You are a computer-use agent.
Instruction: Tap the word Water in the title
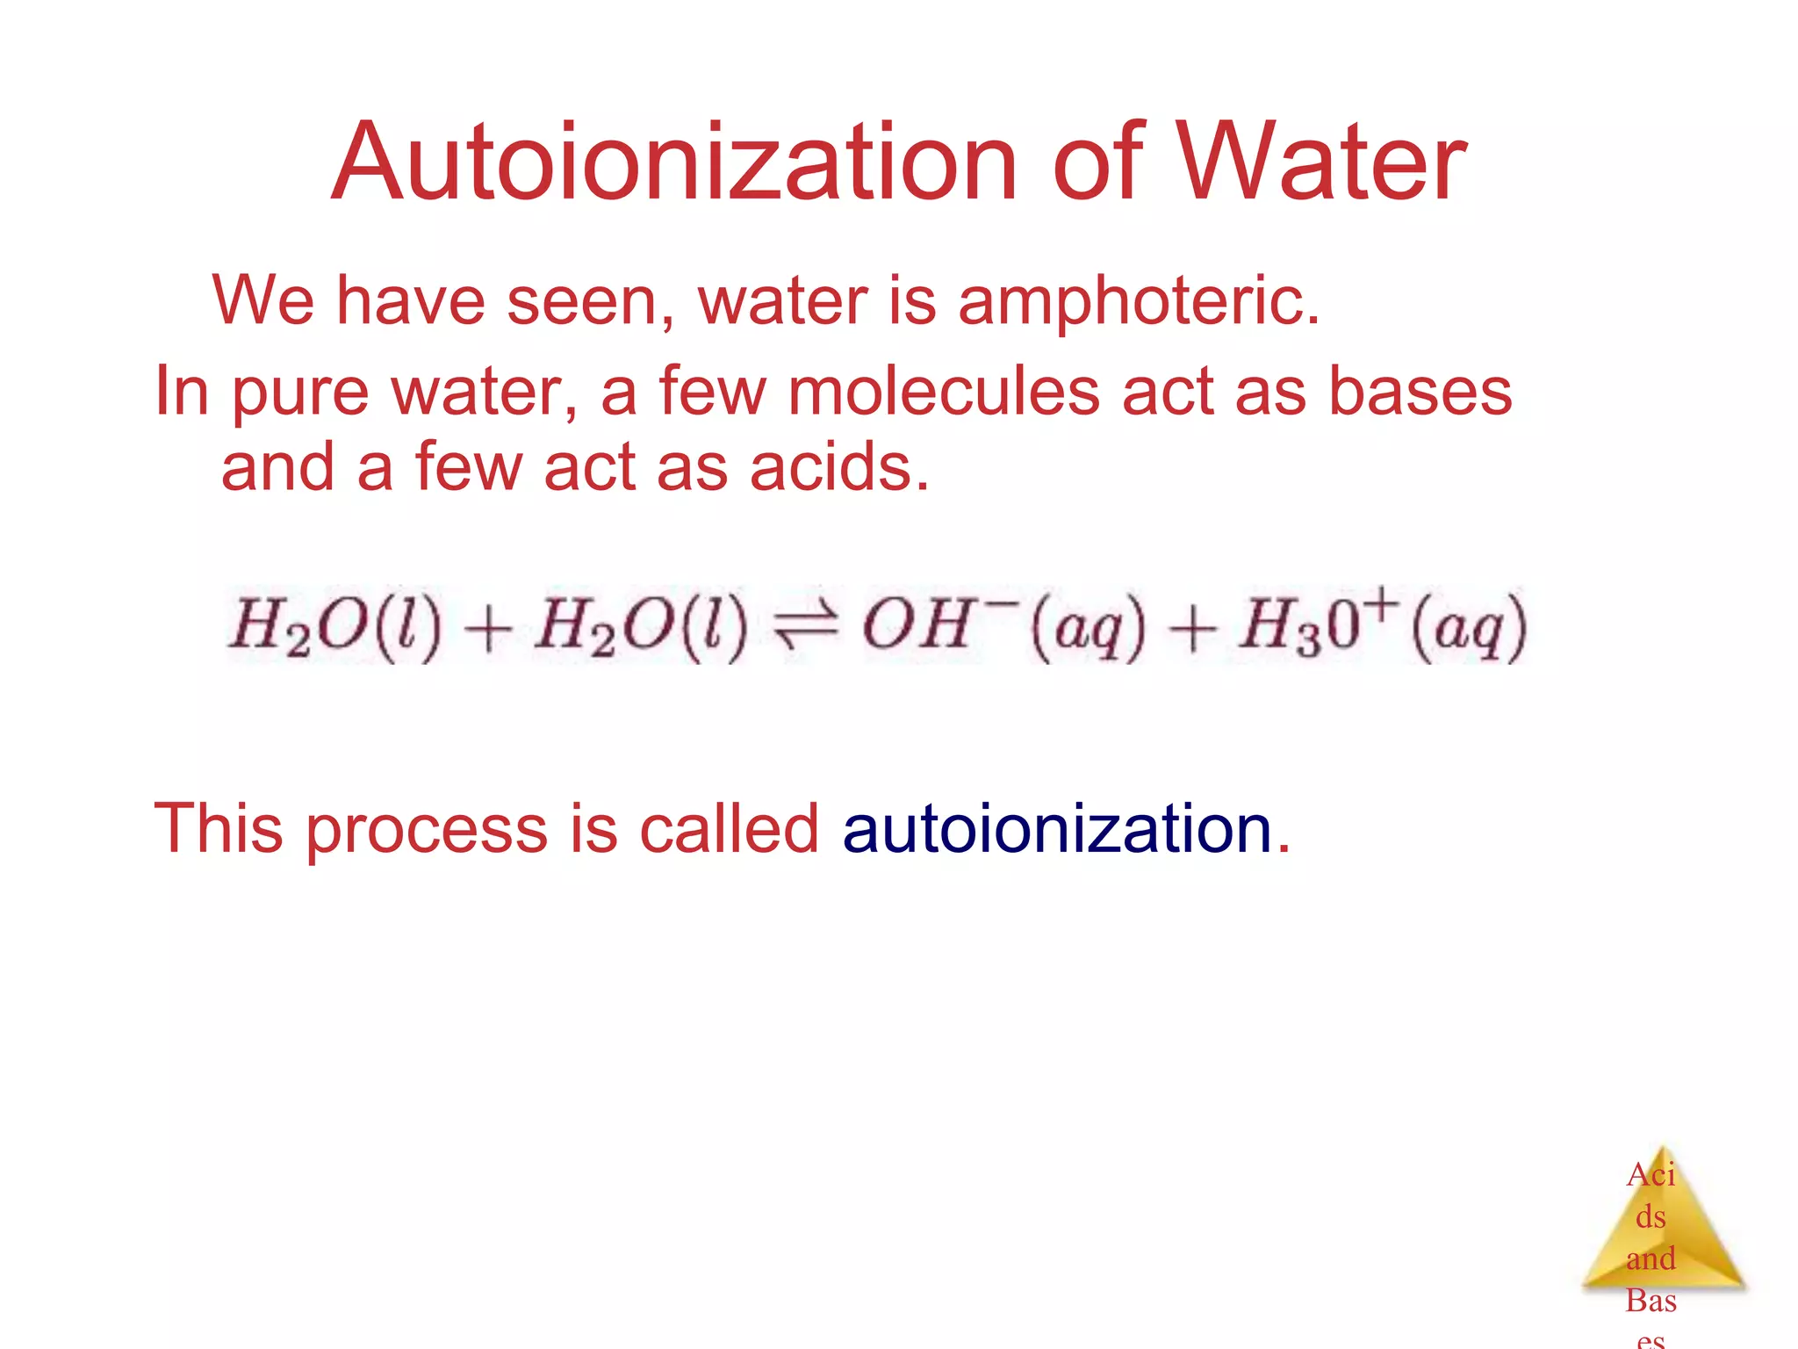(x=1320, y=163)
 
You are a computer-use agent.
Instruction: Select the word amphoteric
(x=1139, y=300)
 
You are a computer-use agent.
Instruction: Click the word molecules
(x=944, y=391)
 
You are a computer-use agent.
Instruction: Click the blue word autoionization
(x=1057, y=828)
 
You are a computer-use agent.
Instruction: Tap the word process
(x=426, y=830)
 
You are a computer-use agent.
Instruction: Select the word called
(x=729, y=828)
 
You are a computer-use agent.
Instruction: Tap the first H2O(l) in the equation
(x=334, y=627)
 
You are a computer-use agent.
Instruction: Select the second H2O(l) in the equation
(x=641, y=627)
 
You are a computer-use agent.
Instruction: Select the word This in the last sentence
(x=218, y=828)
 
